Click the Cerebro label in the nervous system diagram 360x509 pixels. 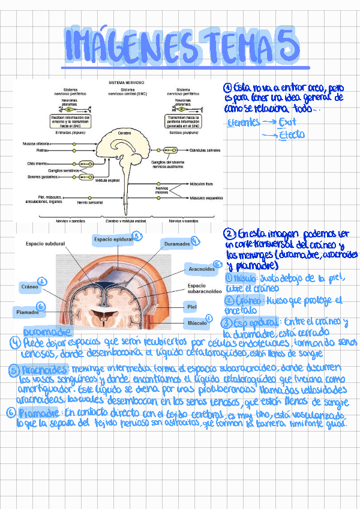tap(124, 131)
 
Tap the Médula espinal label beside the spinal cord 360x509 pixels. tap(107, 180)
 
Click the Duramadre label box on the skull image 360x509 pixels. tap(177, 245)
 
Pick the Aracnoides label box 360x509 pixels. tap(202, 270)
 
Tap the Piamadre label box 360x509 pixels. tap(27, 312)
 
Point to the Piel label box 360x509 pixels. tap(191, 306)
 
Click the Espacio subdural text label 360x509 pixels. tap(45, 244)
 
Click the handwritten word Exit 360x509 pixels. tap(288, 122)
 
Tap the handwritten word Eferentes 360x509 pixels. tap(244, 122)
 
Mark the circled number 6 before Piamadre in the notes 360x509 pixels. tap(11, 413)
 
